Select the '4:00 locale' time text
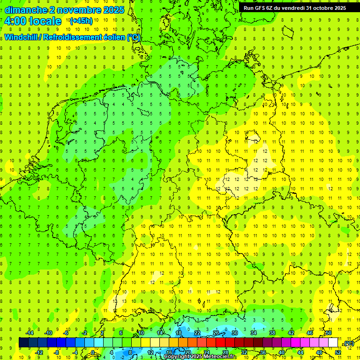click(33, 21)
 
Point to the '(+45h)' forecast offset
click(81, 21)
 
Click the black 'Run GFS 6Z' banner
click(294, 7)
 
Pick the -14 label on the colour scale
click(30, 333)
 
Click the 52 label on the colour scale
click(338, 352)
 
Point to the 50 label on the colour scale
click(329, 333)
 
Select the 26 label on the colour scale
click(216, 333)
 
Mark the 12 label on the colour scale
click(150, 352)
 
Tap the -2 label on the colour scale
click(84, 333)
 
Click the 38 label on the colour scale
click(272, 333)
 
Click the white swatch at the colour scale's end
click(333, 342)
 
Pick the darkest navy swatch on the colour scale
click(23, 342)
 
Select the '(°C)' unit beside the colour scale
click(349, 343)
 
